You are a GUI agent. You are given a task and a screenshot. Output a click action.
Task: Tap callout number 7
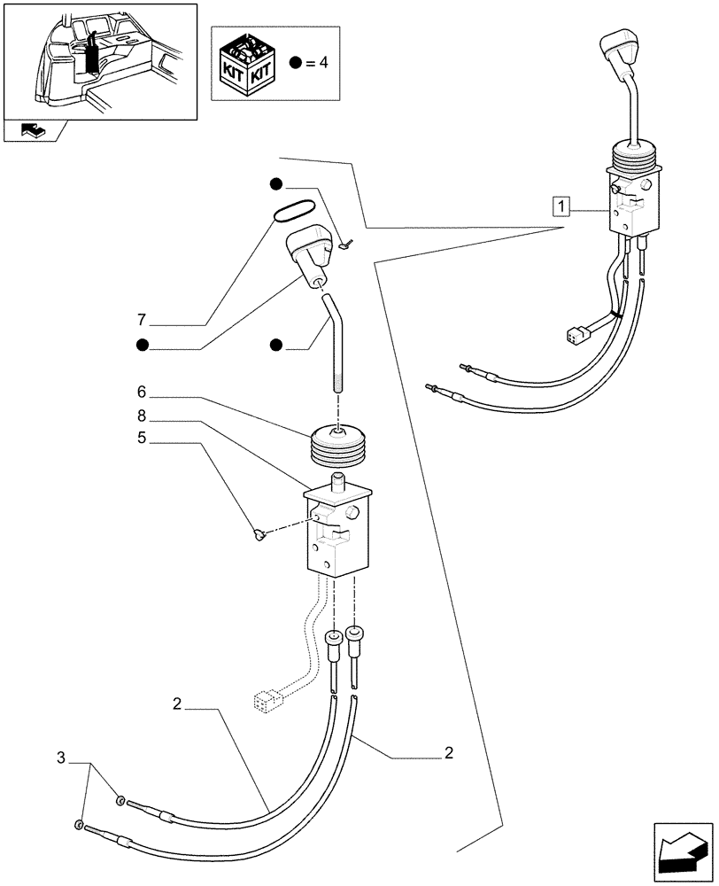pos(141,318)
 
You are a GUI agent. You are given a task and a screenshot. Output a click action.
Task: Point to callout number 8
pos(141,415)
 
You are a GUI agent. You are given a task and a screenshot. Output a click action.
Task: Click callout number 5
pos(141,437)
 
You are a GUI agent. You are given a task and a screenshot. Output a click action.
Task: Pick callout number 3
pos(61,758)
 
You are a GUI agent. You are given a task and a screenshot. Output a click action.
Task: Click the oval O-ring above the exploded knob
pos(293,210)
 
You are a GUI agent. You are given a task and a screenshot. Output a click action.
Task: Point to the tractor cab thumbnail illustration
pos(99,59)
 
